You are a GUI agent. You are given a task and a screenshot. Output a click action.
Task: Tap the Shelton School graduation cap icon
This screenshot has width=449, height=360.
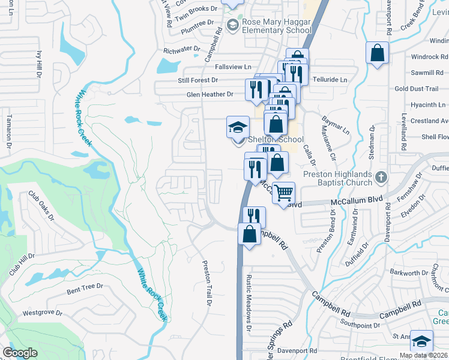pyautogui.click(x=238, y=127)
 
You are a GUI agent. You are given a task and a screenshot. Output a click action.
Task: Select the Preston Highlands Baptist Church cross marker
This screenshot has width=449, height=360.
pyautogui.click(x=381, y=177)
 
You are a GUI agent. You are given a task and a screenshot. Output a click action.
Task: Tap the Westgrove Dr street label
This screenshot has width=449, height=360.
pyautogui.click(x=42, y=313)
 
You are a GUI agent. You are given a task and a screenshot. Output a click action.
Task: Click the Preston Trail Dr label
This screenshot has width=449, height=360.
pyautogui.click(x=207, y=284)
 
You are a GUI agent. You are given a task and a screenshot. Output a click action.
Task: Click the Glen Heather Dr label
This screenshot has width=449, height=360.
pyautogui.click(x=209, y=94)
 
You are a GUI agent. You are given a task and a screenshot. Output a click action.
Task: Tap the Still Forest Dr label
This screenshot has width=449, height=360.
pyautogui.click(x=198, y=80)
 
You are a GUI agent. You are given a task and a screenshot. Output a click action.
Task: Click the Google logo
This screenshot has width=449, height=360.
pyautogui.click(x=20, y=353)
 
